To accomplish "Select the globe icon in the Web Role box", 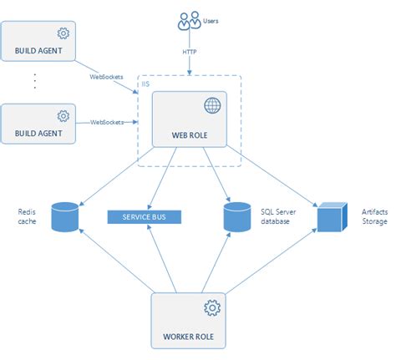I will coord(211,105).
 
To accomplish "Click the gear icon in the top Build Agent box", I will coord(62,33).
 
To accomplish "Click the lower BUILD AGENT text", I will coord(38,132).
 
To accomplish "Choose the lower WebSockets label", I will coord(106,122).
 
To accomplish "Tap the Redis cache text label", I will coord(28,216).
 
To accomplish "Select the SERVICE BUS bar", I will coord(145,216).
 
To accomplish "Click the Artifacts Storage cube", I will coord(330,216).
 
